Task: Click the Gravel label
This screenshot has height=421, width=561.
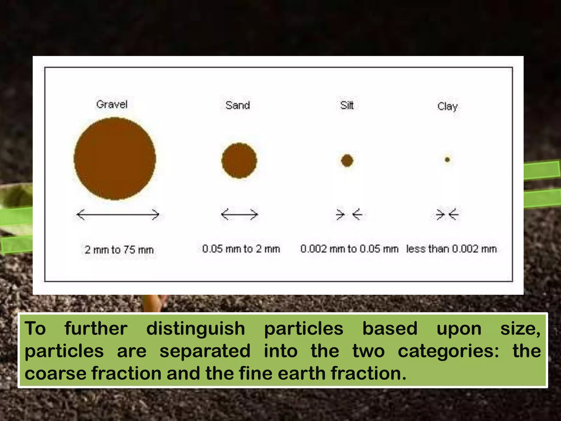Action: tap(112, 104)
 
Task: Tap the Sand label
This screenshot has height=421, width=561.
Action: tap(237, 105)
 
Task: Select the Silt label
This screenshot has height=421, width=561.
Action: tap(347, 105)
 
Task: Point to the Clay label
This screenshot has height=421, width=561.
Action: tap(447, 106)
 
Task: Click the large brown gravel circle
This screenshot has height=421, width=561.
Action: tap(115, 159)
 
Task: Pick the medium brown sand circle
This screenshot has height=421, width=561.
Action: tap(239, 161)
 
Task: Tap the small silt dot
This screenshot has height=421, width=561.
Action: tap(347, 161)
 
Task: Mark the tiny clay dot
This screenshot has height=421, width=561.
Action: tap(447, 160)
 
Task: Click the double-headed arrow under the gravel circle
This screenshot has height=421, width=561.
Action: tap(118, 214)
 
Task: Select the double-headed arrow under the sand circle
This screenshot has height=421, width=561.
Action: tap(239, 214)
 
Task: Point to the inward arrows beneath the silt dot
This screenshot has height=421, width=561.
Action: tap(349, 214)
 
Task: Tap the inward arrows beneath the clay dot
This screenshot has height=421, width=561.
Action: tap(447, 214)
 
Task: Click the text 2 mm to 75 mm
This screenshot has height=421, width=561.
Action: tap(119, 250)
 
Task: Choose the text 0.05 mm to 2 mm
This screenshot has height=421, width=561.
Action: tap(241, 249)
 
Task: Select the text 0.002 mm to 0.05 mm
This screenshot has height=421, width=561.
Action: tap(349, 249)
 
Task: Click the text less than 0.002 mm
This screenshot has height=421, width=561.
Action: tap(451, 249)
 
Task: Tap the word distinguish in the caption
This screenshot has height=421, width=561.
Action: tap(196, 329)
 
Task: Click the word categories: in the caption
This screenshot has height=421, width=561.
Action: tap(448, 351)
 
